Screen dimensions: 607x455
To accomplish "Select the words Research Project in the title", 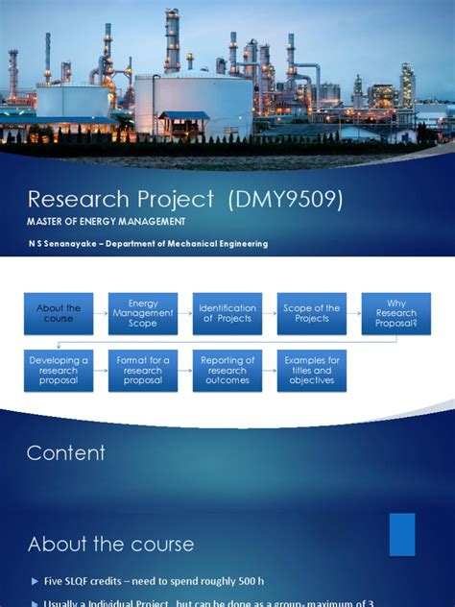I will pyautogui.click(x=121, y=200).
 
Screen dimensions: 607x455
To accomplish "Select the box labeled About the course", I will pyautogui.click(x=59, y=314).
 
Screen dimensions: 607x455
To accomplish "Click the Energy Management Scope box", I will pyautogui.click(x=143, y=314).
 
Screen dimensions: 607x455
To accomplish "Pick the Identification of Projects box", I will pyautogui.click(x=227, y=314).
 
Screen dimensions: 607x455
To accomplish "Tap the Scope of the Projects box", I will pyautogui.click(x=312, y=314).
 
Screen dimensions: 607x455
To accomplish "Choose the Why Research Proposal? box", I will pyautogui.click(x=396, y=314).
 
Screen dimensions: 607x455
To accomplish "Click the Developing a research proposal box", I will pyautogui.click(x=59, y=371).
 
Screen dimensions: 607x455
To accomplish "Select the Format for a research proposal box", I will pyautogui.click(x=143, y=371).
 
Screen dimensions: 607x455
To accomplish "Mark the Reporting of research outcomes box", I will pyautogui.click(x=227, y=371).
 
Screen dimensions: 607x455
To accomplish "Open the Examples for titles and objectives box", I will pyautogui.click(x=312, y=371).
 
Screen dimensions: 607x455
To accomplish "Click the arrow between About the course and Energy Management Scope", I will pyautogui.click(x=101, y=314).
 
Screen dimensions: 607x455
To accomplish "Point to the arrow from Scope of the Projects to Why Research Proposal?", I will pyautogui.click(x=354, y=314).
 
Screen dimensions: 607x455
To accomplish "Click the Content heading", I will pyautogui.click(x=66, y=453).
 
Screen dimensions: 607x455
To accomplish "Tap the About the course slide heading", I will pyautogui.click(x=110, y=545).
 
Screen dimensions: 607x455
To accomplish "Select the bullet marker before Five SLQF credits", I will pyautogui.click(x=34, y=582).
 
